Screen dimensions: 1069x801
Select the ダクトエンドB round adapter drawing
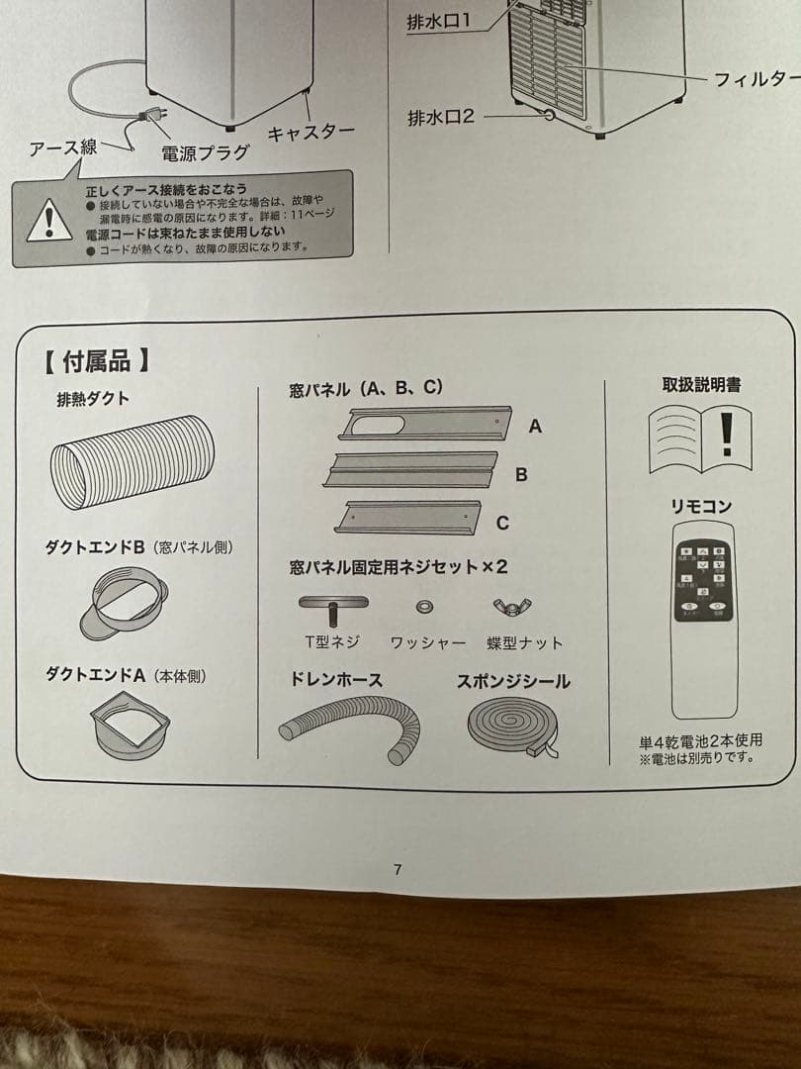click(124, 602)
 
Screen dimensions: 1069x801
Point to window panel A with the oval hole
click(425, 424)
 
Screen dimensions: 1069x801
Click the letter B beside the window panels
click(521, 474)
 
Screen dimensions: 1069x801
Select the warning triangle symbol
click(44, 221)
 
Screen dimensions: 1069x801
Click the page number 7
click(398, 870)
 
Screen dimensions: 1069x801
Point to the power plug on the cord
click(150, 116)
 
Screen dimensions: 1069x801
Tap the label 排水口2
click(441, 117)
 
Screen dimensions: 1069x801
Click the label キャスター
click(311, 133)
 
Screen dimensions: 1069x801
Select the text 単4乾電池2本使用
click(700, 739)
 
